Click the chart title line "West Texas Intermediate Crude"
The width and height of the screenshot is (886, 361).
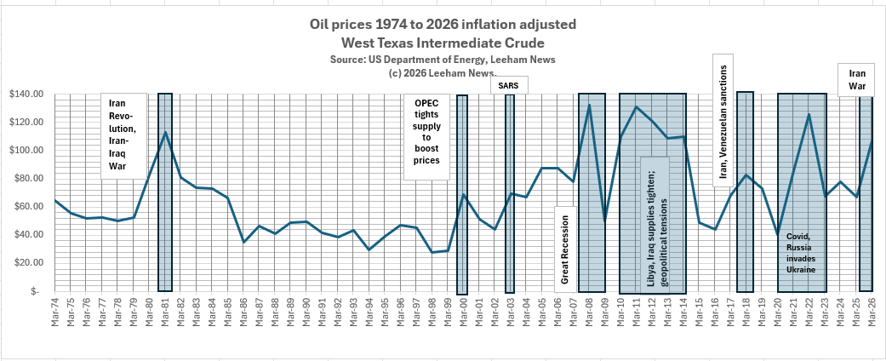coord(443,43)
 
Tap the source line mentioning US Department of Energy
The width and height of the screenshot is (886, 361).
coord(443,60)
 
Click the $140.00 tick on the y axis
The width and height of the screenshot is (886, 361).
coord(26,95)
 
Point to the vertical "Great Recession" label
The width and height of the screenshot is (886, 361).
coord(565,245)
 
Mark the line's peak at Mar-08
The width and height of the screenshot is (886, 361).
coord(589,105)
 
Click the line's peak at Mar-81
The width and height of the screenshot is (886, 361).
coord(165,132)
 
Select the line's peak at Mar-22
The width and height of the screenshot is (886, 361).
coord(809,114)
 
